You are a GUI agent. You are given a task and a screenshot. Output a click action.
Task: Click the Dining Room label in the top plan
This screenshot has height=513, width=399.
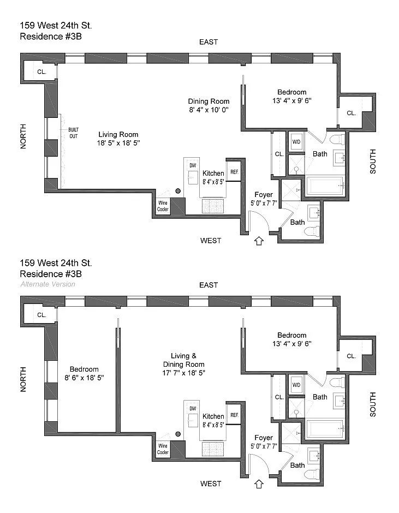click(x=209, y=102)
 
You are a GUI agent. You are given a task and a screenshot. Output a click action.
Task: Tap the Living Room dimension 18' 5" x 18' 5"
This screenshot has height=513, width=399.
click(x=118, y=144)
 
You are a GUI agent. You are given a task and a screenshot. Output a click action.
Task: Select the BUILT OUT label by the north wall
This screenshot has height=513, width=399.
click(x=73, y=133)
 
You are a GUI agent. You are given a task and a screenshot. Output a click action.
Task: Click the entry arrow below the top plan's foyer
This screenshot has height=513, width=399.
click(x=259, y=240)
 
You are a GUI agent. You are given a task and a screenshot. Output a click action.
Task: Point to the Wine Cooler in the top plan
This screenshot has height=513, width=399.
click(x=163, y=206)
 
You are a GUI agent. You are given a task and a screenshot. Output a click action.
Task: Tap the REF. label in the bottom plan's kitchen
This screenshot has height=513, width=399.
click(x=234, y=415)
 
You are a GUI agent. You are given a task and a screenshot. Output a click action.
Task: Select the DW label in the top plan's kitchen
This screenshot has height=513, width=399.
click(x=192, y=165)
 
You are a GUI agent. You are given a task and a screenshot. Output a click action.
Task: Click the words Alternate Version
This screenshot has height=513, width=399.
click(x=48, y=284)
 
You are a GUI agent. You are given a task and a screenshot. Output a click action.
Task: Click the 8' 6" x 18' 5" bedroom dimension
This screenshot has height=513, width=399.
click(x=84, y=377)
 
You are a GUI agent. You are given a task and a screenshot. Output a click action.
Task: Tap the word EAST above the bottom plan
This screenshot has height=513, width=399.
click(x=209, y=285)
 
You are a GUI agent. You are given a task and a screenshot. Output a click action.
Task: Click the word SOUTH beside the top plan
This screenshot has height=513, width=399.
click(x=373, y=162)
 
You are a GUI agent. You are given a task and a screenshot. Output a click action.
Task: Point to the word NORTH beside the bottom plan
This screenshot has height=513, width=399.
click(x=23, y=379)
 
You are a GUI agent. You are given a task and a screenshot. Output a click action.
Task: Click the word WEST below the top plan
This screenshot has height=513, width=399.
click(x=211, y=241)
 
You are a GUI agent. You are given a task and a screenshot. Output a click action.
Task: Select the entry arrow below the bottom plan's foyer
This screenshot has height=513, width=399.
click(x=259, y=484)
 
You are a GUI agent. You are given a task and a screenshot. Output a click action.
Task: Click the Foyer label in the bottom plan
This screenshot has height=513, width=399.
click(x=264, y=438)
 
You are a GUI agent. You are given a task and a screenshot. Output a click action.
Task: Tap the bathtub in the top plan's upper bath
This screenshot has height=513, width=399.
click(x=325, y=186)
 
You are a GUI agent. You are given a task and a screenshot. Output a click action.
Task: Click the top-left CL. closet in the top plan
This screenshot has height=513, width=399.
click(x=41, y=72)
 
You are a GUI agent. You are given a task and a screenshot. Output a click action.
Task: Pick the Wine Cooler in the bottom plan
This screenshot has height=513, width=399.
click(x=163, y=449)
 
